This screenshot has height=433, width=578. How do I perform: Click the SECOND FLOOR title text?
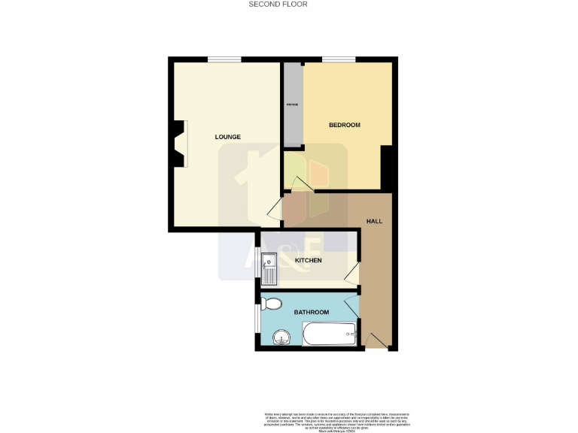click(x=278, y=5)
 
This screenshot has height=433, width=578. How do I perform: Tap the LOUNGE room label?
click(x=227, y=137)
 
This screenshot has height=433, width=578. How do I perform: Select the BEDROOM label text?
click(x=345, y=125)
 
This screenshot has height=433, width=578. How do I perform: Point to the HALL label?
click(x=374, y=222)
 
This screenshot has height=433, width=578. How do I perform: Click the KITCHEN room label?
click(x=308, y=261)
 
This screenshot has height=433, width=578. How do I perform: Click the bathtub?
click(x=330, y=335)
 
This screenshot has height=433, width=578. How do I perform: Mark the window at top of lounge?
click(x=224, y=59)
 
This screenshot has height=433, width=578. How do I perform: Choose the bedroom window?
click(x=339, y=59)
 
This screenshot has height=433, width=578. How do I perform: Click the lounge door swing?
click(x=275, y=208)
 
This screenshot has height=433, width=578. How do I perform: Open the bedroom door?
click(x=303, y=183)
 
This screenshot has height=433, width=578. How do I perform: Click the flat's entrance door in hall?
click(x=379, y=341)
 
